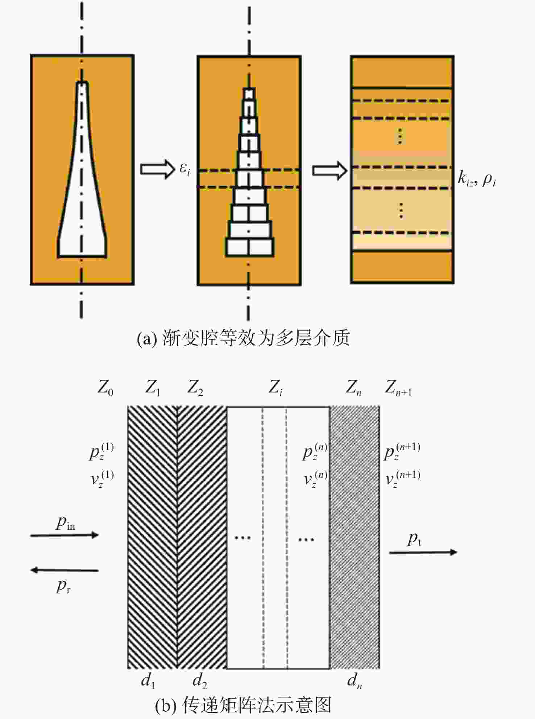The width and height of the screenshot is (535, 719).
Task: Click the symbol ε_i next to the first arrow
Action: coord(184,169)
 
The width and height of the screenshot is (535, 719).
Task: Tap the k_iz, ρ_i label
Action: coord(477,179)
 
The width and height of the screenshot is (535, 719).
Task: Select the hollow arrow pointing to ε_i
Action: coord(158,169)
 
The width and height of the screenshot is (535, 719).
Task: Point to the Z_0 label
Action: coord(105,388)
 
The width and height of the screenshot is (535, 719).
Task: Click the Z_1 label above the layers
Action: coord(153,388)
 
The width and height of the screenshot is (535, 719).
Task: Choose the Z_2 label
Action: coord(195,388)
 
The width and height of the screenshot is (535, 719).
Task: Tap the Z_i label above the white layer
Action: coord(275,388)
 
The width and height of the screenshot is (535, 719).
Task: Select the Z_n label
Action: coord(353,388)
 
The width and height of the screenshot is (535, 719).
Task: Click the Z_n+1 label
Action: coord(398,388)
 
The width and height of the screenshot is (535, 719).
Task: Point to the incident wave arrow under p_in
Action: coord(65,535)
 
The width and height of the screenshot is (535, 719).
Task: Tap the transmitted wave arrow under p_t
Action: coord(423,552)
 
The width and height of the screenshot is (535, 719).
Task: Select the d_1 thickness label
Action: coord(148,681)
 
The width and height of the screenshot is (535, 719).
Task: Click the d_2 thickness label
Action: coord(200,681)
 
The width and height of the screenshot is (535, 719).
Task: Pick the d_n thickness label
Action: coord(354,681)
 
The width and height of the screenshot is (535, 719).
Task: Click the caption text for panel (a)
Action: coord(243,338)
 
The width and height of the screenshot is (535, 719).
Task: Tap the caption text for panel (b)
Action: coord(243,705)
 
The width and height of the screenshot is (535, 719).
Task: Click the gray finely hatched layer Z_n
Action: coord(354,538)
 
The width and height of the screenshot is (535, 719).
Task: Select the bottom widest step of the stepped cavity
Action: coord(249,247)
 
